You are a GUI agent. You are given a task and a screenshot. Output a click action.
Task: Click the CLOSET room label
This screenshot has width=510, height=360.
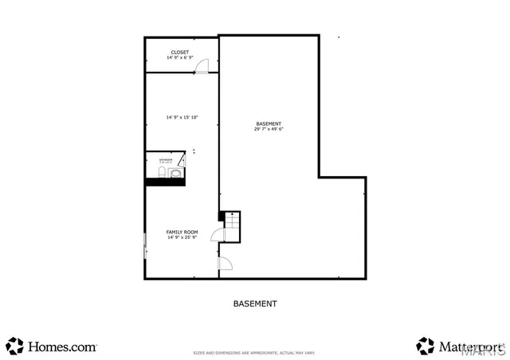tap(180, 53)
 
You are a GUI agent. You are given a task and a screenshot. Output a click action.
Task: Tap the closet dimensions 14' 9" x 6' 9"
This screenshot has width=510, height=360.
tap(180, 58)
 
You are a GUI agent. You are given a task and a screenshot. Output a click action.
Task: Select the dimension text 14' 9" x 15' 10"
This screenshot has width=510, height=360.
tap(182, 117)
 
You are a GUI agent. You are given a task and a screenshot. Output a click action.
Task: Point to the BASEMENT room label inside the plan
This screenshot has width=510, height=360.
tap(269, 123)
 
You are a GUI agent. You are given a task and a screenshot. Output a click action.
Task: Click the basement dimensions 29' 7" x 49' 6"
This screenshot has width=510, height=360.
tap(269, 129)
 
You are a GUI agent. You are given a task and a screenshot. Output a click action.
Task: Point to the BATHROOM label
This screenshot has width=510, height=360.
tap(155, 160)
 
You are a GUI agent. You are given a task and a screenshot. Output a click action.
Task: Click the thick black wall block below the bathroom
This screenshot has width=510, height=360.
tap(165, 182)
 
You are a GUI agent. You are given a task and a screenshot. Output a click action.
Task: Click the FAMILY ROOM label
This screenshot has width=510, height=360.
tap(182, 232)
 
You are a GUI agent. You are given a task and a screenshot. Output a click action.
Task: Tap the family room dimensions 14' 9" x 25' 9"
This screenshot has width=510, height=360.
tap(182, 237)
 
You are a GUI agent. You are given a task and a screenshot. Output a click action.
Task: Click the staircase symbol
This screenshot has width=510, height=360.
tap(230, 225)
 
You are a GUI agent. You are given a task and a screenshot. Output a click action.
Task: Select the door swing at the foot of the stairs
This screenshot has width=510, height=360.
tap(217, 234)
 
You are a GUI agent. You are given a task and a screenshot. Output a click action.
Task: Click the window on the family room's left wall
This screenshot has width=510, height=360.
tap(144, 245)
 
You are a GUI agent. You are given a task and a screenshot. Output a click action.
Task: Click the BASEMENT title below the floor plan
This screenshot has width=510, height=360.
tap(255, 303)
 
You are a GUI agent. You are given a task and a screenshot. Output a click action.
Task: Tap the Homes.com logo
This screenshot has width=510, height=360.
tap(52, 346)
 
